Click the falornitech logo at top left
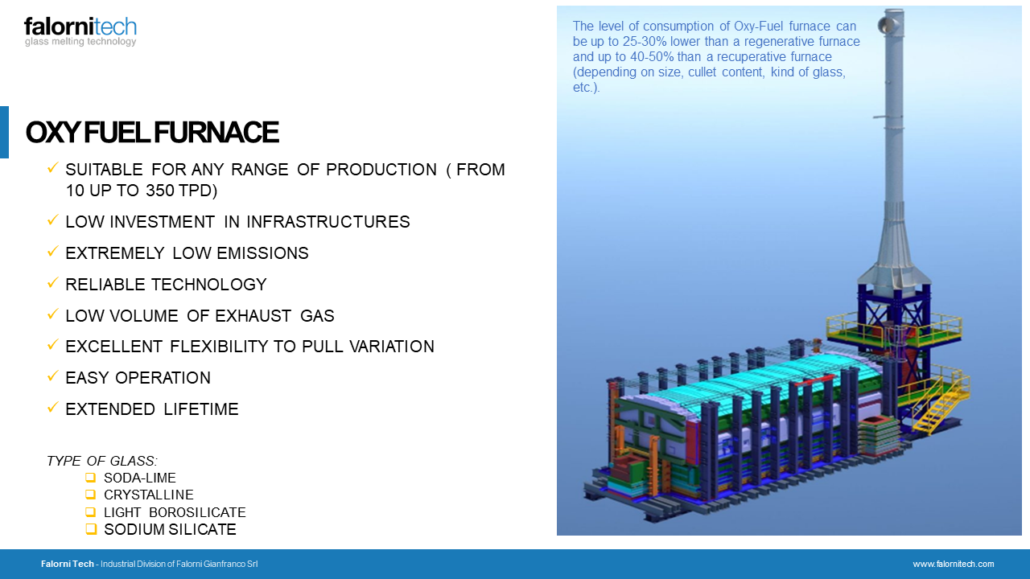(80, 31)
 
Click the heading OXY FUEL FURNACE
(152, 133)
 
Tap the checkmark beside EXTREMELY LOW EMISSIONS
(53, 252)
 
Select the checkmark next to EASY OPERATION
(53, 376)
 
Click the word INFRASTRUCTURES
(328, 221)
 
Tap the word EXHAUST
(253, 316)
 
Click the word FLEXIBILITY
(217, 347)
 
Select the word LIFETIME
(201, 409)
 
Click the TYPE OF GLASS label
(102, 461)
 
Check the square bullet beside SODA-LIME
(91, 478)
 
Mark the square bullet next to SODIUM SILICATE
(91, 529)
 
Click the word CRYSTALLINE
(149, 495)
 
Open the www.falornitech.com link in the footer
(954, 564)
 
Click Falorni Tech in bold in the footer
(67, 564)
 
